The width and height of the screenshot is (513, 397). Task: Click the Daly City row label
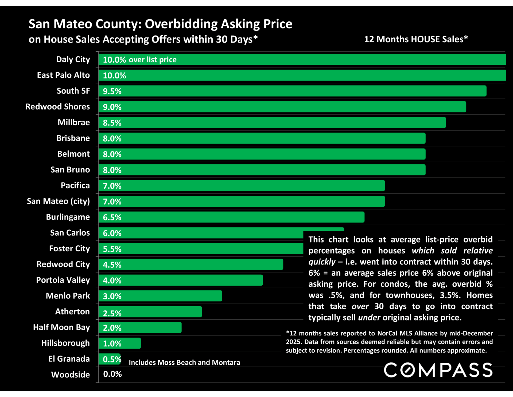73,59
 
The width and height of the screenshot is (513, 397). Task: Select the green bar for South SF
292,91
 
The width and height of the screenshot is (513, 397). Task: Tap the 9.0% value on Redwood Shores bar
112,107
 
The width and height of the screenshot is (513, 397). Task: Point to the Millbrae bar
272,123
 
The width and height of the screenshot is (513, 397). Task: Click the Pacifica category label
75,186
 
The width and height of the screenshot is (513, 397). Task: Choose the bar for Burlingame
231,217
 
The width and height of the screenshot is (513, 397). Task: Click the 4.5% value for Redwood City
112,265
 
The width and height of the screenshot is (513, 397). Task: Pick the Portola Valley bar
181,280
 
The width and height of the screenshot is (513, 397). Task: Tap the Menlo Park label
68,296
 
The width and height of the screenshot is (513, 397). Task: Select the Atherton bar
150,312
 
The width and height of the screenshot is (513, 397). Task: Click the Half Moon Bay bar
140,328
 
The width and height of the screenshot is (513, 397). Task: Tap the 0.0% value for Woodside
112,374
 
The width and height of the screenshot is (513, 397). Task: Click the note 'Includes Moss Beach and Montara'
184,362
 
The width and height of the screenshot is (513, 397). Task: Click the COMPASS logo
438,370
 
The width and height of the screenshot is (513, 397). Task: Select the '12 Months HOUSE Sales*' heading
416,39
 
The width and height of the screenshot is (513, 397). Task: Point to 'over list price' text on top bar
153,60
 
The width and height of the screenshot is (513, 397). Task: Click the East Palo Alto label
63,75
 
